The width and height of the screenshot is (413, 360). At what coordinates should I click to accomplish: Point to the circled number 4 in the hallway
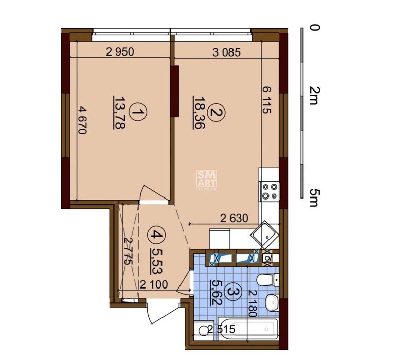pos(156,235)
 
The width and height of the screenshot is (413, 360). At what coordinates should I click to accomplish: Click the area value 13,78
pos(119,113)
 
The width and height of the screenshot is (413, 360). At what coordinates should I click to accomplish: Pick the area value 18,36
pos(199,113)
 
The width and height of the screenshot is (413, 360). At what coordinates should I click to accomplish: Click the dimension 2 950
pos(120,51)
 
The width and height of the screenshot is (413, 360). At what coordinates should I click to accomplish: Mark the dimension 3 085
pos(226,52)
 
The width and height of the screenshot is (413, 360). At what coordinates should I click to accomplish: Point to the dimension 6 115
pos(266,100)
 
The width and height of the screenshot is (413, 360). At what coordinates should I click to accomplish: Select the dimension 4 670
pos(82,120)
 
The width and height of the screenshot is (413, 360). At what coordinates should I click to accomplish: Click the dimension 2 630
pos(234,219)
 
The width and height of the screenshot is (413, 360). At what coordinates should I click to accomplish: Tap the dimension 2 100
pos(154,285)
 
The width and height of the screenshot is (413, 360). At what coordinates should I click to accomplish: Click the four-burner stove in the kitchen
pos(270,191)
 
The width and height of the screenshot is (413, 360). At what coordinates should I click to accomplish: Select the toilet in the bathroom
pos(267,280)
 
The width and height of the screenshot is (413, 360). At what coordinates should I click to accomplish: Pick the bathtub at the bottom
pos(248,329)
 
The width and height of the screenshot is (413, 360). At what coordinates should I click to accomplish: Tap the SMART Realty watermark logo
pos(207,180)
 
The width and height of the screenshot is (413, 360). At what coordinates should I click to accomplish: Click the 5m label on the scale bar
pos(314,197)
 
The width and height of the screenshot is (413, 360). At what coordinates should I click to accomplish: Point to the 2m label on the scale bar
pos(314,96)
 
